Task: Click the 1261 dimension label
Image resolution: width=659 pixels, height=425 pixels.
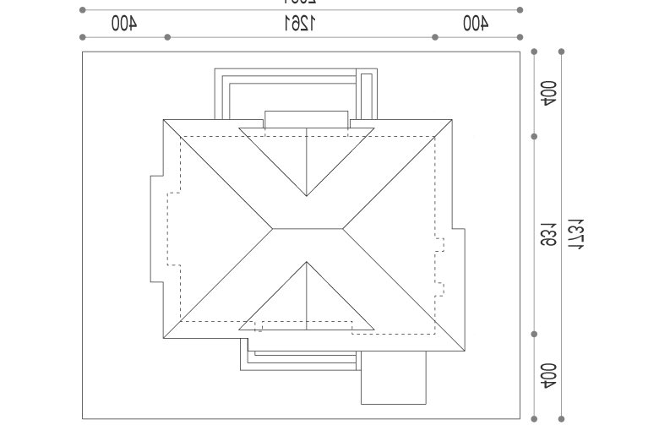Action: point(301,24)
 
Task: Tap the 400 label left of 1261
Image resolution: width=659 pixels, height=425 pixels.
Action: point(123,24)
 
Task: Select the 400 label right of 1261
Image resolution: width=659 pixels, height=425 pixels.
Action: point(476,24)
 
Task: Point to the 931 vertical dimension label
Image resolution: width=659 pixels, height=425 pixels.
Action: point(547,235)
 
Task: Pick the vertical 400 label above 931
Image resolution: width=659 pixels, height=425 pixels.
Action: point(547,94)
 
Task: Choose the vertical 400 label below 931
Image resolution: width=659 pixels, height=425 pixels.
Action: point(547,375)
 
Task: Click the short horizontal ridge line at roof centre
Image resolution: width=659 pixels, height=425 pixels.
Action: point(307,228)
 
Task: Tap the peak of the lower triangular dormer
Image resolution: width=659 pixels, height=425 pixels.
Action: point(307,263)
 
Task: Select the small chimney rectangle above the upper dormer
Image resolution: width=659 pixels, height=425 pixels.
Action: point(306,118)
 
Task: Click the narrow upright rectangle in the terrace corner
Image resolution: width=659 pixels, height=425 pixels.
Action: point(366,96)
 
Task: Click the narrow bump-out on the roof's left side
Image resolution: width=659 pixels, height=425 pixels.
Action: point(156,228)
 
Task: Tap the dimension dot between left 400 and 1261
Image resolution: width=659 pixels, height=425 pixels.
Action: point(167,37)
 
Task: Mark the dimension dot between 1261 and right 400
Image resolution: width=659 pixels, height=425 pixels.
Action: point(434,37)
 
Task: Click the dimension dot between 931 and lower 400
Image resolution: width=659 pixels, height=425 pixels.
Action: point(534,334)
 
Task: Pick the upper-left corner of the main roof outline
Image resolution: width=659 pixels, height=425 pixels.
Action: point(164,120)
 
